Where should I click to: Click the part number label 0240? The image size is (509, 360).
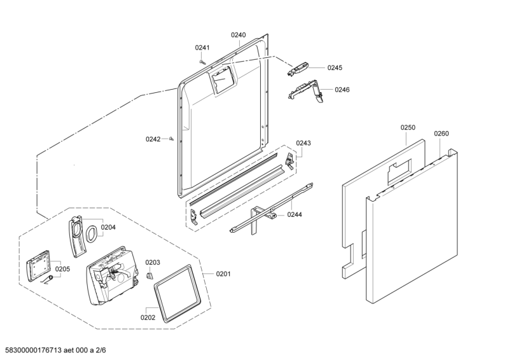click(238, 35)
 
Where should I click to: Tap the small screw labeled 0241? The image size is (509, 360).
click(202, 62)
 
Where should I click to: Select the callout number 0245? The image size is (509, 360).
click(335, 68)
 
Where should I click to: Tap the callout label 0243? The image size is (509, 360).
click(303, 143)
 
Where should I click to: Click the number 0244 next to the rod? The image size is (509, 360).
click(295, 214)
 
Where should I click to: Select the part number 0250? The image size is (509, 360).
click(408, 128)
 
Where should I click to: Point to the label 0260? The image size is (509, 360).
click(441, 134)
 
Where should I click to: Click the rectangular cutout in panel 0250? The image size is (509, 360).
click(399, 172)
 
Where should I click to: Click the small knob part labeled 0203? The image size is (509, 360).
click(150, 275)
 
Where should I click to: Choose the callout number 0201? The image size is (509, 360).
click(223, 274)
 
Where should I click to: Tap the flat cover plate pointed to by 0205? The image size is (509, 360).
click(38, 266)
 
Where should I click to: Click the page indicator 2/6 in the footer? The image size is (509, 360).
click(101, 350)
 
